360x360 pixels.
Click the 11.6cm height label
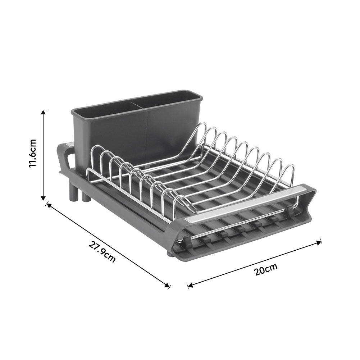click(x=33, y=153)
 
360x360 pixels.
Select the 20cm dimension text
click(x=266, y=269)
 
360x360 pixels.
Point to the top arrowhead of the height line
click(x=43, y=112)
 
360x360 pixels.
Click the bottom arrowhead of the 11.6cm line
click(x=43, y=198)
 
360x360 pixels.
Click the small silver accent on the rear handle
click(x=70, y=145)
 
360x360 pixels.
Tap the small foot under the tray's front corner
click(x=170, y=254)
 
